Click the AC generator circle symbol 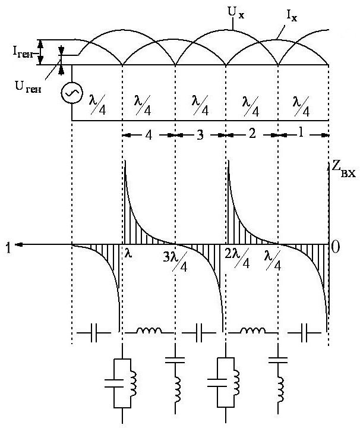pyautogui.click(x=72, y=93)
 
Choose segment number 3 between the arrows pyautogui.click(x=200, y=134)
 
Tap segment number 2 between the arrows pyautogui.click(x=251, y=134)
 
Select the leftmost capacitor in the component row pyautogui.click(x=95, y=335)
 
